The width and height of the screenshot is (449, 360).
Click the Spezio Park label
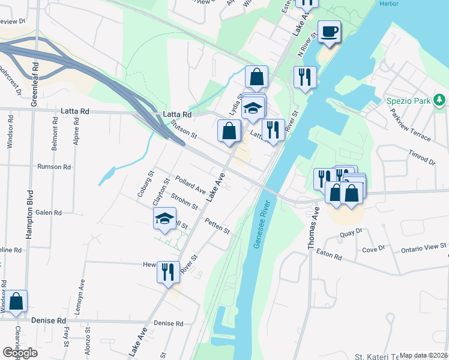(408, 99)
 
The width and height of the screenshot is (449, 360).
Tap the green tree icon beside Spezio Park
(440, 99)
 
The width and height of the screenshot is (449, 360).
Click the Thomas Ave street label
(313, 229)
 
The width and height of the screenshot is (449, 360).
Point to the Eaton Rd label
(330, 257)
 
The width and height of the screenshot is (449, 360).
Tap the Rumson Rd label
(54, 167)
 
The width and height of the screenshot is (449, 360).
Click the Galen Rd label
(49, 212)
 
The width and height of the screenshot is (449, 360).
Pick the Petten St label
(217, 226)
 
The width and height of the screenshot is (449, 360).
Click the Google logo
(20, 352)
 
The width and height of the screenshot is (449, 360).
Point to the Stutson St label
(184, 128)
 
